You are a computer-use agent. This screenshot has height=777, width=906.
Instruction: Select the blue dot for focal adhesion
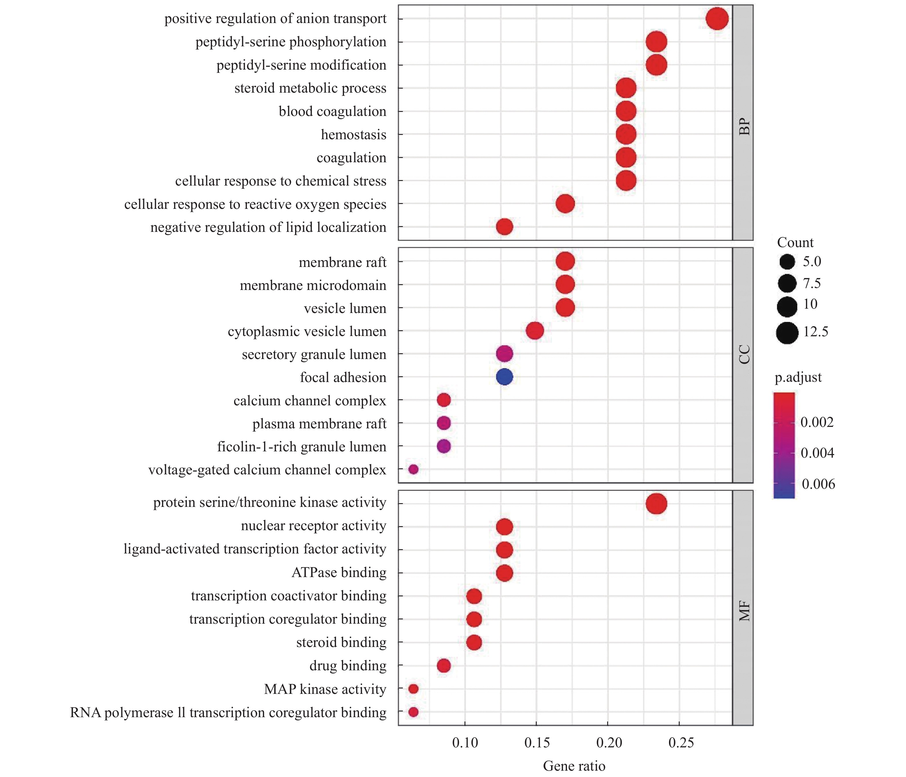coord(504,377)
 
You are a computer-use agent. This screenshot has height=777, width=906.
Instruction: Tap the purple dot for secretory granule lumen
coord(504,354)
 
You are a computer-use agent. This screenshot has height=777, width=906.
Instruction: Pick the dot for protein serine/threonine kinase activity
coord(656,503)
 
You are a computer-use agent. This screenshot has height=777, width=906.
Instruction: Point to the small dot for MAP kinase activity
coord(413,689)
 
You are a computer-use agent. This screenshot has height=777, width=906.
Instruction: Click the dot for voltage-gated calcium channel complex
coord(413,469)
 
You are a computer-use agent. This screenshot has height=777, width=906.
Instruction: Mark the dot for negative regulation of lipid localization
coord(504,227)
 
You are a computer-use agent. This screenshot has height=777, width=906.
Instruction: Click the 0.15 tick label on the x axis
coord(536,742)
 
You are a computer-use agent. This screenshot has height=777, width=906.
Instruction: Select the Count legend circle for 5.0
coord(787,262)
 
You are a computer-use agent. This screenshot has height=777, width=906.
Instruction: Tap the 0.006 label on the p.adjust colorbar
coord(818,484)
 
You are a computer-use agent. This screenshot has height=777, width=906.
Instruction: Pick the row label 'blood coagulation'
coord(332,112)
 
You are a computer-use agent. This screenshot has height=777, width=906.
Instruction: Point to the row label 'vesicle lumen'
coord(345,309)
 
